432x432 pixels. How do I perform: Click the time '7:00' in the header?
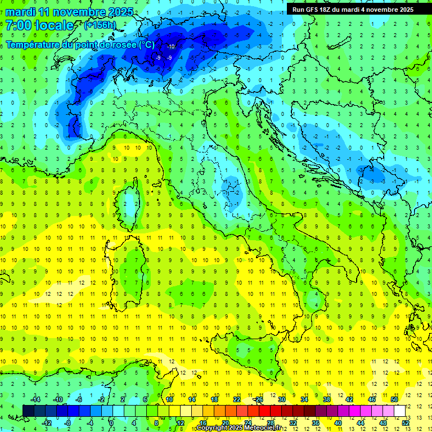click(x=20, y=25)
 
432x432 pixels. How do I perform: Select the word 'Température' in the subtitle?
click(x=33, y=44)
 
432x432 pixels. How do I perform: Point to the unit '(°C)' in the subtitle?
click(x=146, y=44)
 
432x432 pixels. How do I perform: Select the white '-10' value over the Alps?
click(x=170, y=46)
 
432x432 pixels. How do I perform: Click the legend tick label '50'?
click(x=394, y=399)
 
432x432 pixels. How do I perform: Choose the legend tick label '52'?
click(x=405, y=422)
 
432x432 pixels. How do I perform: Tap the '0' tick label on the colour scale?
click(x=111, y=422)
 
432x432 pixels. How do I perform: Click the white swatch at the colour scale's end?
click(x=399, y=411)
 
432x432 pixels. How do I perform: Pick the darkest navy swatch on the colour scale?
click(x=28, y=411)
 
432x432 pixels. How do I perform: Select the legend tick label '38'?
click(x=326, y=399)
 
